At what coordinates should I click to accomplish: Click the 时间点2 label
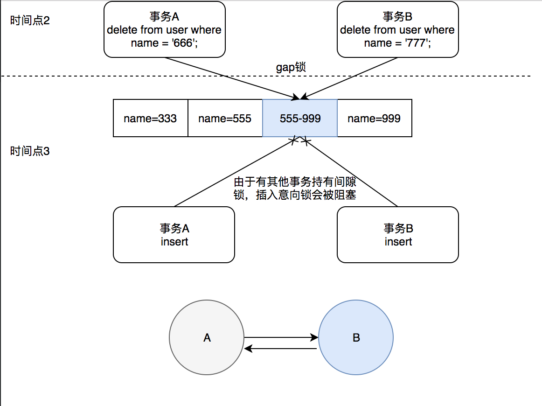coord(30,21)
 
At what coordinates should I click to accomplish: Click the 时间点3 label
coord(30,151)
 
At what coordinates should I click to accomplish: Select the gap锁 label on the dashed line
coord(291,68)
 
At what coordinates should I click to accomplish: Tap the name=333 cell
coord(150,119)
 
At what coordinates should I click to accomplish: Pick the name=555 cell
coord(225,119)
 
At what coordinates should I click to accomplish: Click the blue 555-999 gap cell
coord(300,119)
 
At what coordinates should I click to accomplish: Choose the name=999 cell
coord(374,119)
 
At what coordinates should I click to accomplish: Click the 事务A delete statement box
coord(164,29)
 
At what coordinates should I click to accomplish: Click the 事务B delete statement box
coord(397,29)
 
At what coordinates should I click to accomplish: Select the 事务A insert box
coord(174,235)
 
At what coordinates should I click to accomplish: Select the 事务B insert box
coord(398,235)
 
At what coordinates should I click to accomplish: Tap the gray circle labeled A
coord(207,338)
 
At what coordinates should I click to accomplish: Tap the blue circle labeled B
coord(356,338)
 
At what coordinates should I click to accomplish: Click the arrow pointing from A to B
coord(280,337)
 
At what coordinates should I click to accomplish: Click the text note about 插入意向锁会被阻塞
coord(295,189)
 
